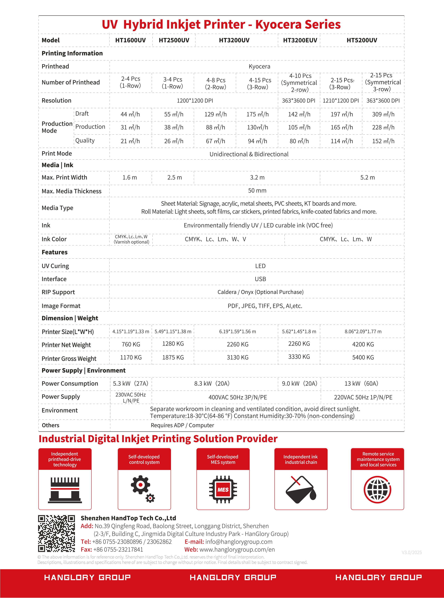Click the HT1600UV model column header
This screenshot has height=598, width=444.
(x=130, y=40)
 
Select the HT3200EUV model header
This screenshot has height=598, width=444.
(x=300, y=40)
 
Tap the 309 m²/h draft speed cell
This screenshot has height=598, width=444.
(x=383, y=114)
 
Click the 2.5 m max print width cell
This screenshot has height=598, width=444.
(x=174, y=178)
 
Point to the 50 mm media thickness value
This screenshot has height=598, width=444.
(x=257, y=191)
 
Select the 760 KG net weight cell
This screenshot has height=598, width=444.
(x=131, y=344)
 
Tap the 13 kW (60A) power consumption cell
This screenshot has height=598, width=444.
(x=361, y=383)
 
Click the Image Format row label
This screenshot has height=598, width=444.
(x=61, y=306)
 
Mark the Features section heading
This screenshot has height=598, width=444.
(x=54, y=252)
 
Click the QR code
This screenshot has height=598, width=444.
(x=56, y=534)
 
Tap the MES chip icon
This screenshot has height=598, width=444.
(x=223, y=489)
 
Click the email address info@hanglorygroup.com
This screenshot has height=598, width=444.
(x=239, y=542)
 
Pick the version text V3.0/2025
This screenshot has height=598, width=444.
(x=411, y=553)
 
